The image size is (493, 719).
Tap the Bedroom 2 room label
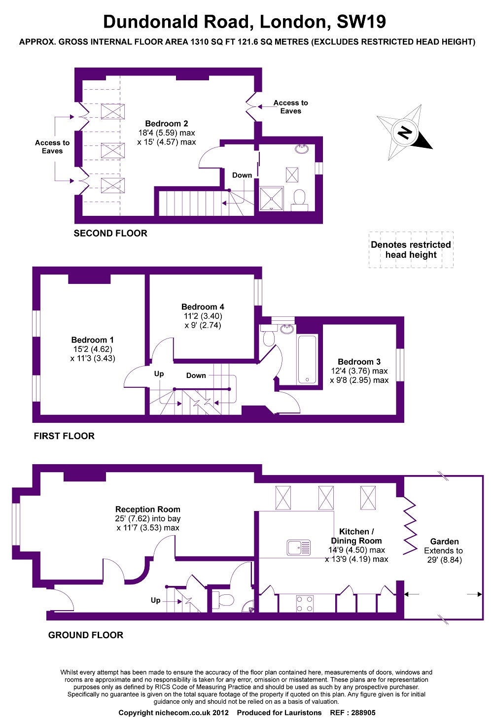coord(167,124)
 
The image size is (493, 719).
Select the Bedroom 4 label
coord(203,307)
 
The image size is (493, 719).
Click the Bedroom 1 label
coord(93,340)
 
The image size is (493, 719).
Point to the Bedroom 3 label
coord(359,362)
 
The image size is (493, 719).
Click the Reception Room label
coord(148,510)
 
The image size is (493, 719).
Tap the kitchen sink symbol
coord(299,548)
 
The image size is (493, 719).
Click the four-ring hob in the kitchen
coord(305,604)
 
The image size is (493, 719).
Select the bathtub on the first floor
coord(307,359)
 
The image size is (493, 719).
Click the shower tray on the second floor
coord(271,198)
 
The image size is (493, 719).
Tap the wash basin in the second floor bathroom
coord(302,148)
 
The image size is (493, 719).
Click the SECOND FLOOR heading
coord(110,234)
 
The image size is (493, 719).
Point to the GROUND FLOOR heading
coord(86,635)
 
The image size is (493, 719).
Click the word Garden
coord(444,542)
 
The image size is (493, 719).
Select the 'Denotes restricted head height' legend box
coord(411,250)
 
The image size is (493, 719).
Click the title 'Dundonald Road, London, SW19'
coord(245,22)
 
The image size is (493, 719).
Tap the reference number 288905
coord(363,713)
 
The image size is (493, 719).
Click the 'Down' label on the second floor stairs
coord(242,175)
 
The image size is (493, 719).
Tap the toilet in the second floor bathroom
coord(299,200)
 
